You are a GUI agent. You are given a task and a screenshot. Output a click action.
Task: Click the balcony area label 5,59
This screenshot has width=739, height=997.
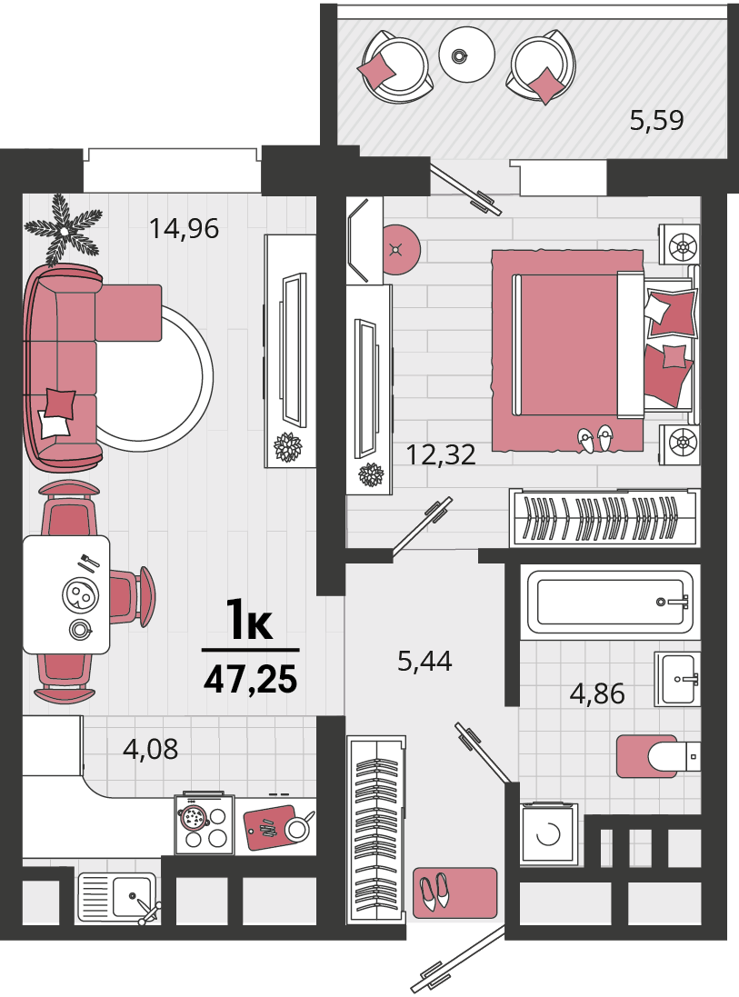656,120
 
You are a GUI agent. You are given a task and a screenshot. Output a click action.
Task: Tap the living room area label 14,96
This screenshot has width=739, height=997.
184,228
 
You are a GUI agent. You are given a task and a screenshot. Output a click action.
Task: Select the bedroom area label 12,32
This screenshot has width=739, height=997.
441,454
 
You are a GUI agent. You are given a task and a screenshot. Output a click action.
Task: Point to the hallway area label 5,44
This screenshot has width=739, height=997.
424,662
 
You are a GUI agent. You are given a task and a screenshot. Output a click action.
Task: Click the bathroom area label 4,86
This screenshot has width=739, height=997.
597,693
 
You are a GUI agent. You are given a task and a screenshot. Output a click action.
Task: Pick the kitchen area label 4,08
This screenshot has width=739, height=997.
151,749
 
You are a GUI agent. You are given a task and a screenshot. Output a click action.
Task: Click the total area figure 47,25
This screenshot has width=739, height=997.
251,679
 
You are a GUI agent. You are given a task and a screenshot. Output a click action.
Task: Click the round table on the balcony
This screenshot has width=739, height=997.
466,54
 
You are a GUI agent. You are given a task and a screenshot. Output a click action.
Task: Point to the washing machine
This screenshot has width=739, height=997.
549,833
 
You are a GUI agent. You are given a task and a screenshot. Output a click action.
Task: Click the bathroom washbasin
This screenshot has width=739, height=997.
678,679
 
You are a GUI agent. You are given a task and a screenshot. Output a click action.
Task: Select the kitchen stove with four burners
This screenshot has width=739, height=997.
204,825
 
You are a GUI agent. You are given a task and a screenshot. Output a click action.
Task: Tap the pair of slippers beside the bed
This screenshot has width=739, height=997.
595,438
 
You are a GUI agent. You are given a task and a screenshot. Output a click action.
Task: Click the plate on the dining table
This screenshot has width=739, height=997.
80,596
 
